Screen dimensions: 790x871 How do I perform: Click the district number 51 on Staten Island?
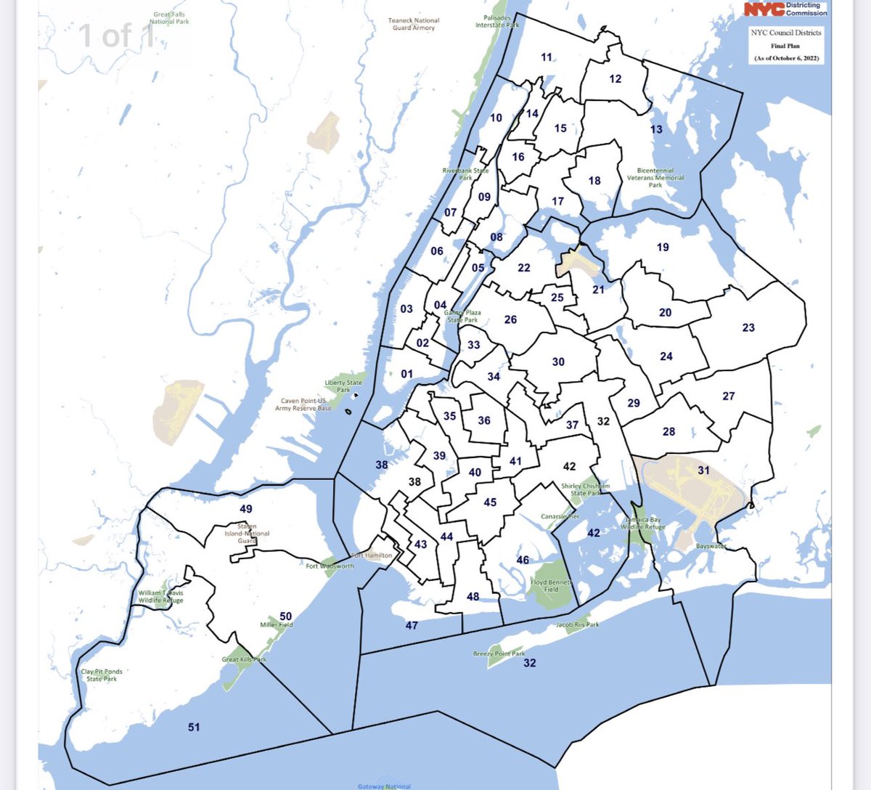(194, 727)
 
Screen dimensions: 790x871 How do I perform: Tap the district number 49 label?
(246, 509)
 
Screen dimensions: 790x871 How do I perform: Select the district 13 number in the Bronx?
(656, 129)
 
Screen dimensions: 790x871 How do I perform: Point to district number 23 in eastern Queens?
(748, 327)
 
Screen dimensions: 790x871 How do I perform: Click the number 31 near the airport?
(703, 470)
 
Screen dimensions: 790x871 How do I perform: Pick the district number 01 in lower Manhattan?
(406, 374)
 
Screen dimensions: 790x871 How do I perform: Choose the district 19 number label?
(663, 247)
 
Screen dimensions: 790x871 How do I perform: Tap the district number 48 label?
(473, 596)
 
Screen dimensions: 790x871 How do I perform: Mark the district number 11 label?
(547, 57)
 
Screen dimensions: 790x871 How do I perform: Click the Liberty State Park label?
(343, 386)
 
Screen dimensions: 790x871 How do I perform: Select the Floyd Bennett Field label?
(551, 585)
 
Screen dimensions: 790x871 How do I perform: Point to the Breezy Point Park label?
(499, 653)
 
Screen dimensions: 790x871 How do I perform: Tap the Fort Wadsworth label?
(330, 566)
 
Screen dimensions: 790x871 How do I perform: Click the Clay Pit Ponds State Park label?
(102, 675)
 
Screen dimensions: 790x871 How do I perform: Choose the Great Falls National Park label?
(169, 18)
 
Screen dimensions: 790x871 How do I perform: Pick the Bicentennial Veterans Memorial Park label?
(655, 178)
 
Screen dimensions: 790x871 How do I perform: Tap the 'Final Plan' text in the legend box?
(785, 46)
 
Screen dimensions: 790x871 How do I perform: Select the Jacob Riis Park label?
(578, 624)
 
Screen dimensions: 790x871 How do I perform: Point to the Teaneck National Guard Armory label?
(413, 24)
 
